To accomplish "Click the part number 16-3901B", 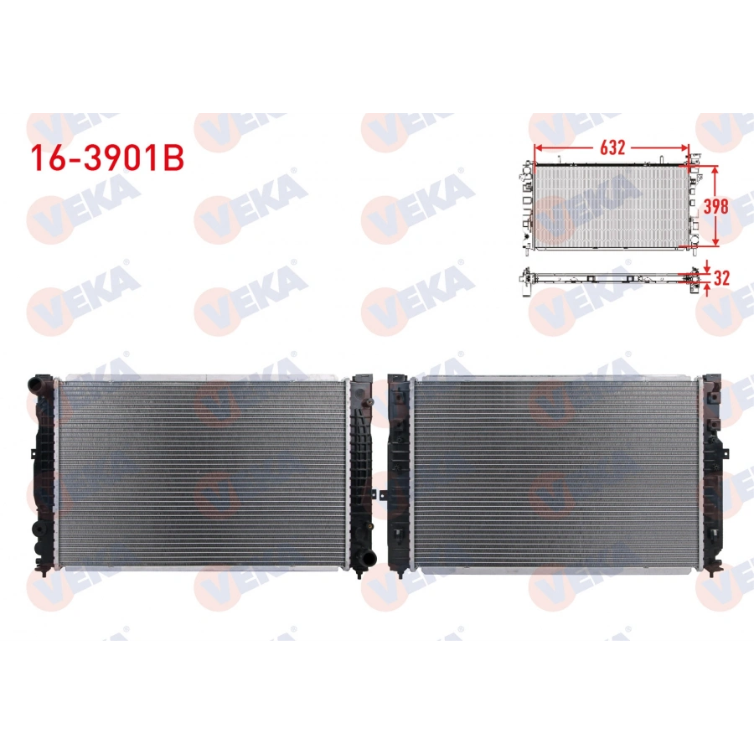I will tap(106, 160).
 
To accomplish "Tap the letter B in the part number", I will tap(172, 160).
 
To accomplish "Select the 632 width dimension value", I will tap(612, 147).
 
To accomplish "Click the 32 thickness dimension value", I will tap(722, 278).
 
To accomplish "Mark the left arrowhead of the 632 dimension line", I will tap(537, 147).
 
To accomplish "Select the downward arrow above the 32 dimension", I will tap(706, 267).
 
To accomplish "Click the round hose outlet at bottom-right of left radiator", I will tap(362, 560).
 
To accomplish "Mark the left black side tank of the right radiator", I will tap(400, 473).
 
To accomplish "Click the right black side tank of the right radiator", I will tap(713, 473).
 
